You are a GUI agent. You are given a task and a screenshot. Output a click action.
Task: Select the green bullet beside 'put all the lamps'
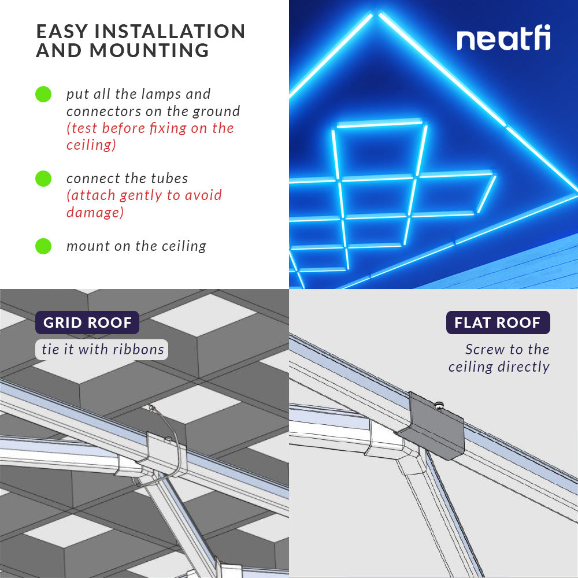pyautogui.click(x=43, y=94)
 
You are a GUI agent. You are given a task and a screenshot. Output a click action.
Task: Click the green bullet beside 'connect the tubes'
pyautogui.click(x=43, y=179)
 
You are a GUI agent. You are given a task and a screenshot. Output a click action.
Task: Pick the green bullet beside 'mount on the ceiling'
pyautogui.click(x=43, y=246)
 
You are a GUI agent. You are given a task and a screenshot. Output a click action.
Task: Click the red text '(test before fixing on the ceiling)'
pyautogui.click(x=150, y=136)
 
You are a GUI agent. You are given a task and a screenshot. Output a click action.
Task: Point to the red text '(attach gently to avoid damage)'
pyautogui.click(x=144, y=203)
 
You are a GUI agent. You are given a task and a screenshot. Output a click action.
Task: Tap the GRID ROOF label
pyautogui.click(x=87, y=323)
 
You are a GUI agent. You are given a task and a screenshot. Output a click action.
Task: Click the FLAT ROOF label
pyautogui.click(x=498, y=323)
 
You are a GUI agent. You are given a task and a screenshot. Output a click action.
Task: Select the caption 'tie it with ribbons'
pyautogui.click(x=103, y=349)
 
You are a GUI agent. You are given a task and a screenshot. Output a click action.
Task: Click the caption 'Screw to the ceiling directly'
pyautogui.click(x=499, y=358)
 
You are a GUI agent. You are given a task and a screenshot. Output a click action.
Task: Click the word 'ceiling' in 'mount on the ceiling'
pyautogui.click(x=183, y=246)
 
